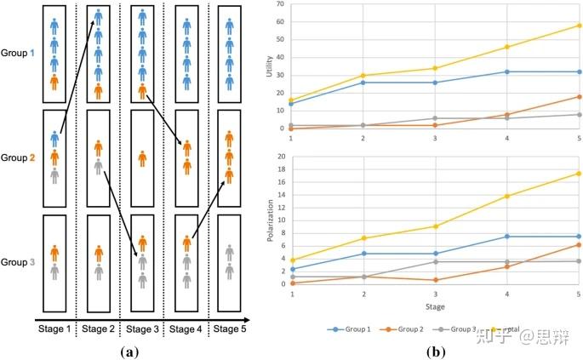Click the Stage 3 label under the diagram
(x=141, y=329)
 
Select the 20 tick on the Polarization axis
(x=282, y=157)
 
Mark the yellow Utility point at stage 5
(x=579, y=25)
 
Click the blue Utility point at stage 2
(x=363, y=83)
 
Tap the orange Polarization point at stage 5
(x=579, y=244)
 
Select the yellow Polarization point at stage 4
(x=506, y=196)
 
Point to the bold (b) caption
(x=436, y=350)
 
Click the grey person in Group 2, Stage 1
(x=54, y=175)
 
